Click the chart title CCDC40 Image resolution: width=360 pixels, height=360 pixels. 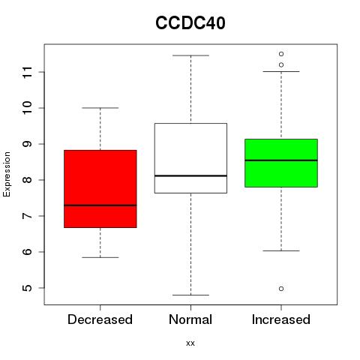tap(190, 23)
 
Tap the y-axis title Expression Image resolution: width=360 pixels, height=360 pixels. tap(7, 174)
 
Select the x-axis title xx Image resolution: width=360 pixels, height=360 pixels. tap(190, 343)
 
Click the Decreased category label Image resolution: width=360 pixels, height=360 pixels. tap(100, 319)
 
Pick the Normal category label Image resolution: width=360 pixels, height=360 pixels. tap(190, 319)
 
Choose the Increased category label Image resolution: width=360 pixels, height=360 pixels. tap(281, 319)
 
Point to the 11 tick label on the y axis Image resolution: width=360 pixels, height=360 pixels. tap(28, 72)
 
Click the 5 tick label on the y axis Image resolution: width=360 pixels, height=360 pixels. tap(28, 288)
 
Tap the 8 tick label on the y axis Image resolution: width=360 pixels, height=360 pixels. tap(28, 180)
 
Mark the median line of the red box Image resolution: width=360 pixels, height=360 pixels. tap(100, 205)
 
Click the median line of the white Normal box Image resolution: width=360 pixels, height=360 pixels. tap(190, 175)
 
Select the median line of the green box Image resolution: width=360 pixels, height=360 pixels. tap(281, 160)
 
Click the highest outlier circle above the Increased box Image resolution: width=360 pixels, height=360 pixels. tap(281, 54)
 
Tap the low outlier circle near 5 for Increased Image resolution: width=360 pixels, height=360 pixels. tap(281, 289)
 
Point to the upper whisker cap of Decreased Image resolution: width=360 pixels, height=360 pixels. tap(100, 108)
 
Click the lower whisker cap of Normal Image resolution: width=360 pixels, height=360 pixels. tap(190, 295)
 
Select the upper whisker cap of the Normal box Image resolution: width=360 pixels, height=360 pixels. tap(190, 55)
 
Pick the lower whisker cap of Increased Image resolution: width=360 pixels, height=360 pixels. tap(281, 250)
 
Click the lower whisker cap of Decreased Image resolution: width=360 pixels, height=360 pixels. tap(100, 257)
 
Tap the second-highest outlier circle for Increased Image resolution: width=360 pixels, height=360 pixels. tap(281, 65)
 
